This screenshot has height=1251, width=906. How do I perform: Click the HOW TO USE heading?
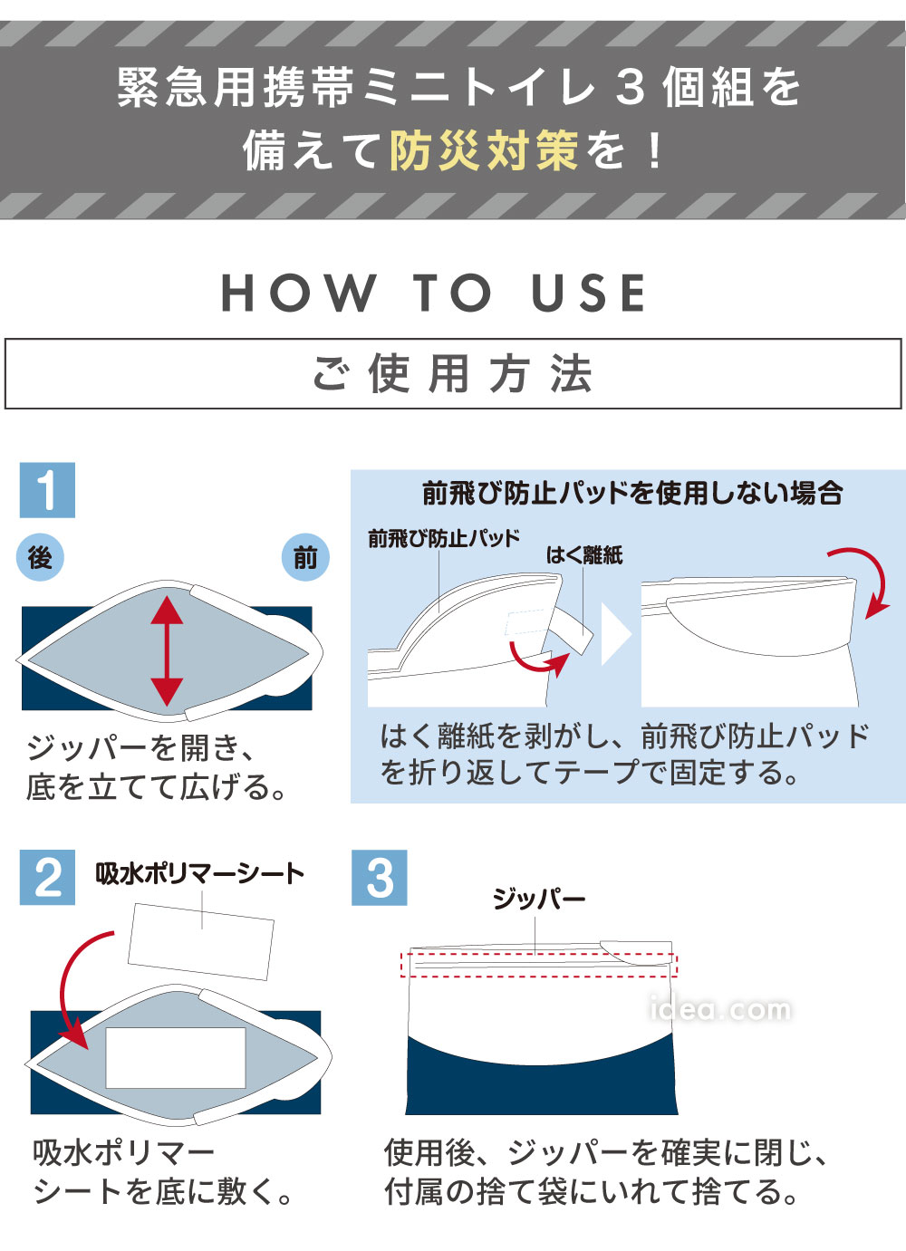tap(435, 294)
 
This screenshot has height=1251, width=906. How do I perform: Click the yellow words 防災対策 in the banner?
tap(483, 150)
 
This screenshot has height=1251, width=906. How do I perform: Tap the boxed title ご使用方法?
tap(453, 374)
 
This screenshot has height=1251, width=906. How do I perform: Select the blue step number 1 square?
tap(47, 490)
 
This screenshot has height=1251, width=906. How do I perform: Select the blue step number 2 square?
tap(47, 877)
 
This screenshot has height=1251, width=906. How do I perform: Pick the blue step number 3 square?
tap(379, 877)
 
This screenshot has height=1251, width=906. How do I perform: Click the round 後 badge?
tap(40, 557)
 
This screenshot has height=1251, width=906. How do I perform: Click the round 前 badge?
tap(305, 557)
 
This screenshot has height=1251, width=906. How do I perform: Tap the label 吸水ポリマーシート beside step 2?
tap(199, 873)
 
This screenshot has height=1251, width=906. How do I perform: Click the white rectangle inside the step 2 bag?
tap(176, 1057)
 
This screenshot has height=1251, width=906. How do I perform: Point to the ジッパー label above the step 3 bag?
tap(538, 899)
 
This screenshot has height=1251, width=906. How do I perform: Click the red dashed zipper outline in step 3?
tap(539, 965)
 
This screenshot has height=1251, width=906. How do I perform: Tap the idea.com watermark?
tap(720, 1008)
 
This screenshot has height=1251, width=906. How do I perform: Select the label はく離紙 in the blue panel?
tap(583, 555)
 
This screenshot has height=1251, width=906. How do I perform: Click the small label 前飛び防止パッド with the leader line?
tap(443, 539)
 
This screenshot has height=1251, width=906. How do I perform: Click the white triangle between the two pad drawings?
tap(615, 635)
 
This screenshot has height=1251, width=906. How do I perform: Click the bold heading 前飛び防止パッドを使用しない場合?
tap(631, 494)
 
